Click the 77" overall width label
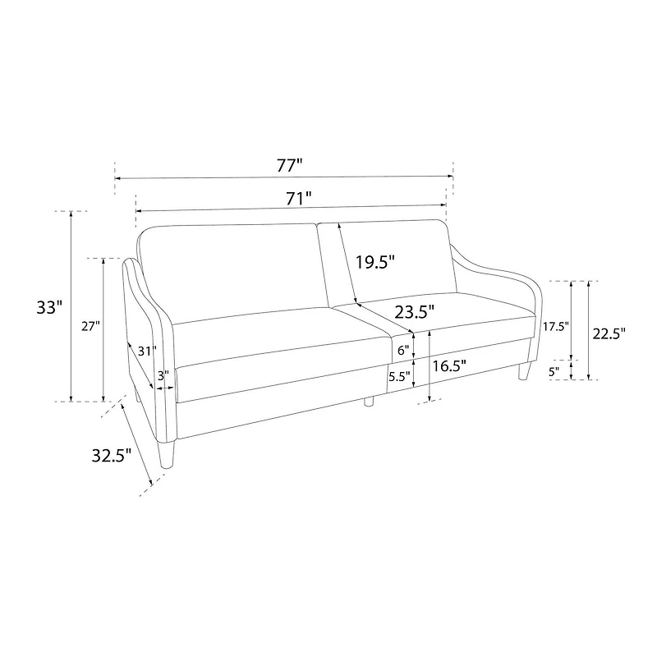point(289,166)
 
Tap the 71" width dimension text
point(299,198)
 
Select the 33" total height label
point(49,307)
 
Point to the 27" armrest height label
point(90,326)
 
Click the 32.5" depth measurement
point(112,456)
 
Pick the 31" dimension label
point(148,351)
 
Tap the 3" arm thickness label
point(163,376)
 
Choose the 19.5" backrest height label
point(375,262)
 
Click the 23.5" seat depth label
point(415,312)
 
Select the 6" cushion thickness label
point(403,351)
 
